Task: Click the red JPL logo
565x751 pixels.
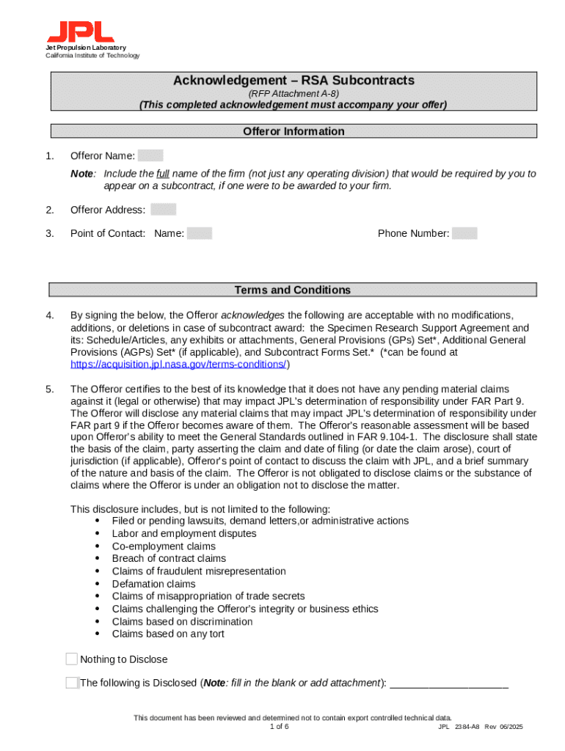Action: coord(81,32)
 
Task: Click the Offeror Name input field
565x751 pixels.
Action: coord(150,155)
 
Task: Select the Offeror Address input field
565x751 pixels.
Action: coord(163,210)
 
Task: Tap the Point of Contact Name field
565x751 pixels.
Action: coord(200,233)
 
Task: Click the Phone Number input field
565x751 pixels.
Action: coord(464,233)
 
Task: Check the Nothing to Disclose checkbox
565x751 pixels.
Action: coord(71,659)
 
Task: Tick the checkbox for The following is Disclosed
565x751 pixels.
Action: coord(71,683)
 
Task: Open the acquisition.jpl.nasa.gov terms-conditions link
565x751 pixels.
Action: coord(179,364)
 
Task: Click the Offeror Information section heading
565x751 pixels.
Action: coord(294,131)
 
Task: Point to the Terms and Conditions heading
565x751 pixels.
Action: coord(293,290)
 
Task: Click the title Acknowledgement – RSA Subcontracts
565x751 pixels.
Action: coord(294,80)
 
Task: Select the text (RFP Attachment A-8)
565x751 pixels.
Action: coord(294,93)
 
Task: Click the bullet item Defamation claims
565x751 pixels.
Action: coord(153,584)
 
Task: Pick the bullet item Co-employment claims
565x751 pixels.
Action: coord(164,546)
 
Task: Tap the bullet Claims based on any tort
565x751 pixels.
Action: coord(168,634)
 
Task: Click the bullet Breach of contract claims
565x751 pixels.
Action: coord(169,559)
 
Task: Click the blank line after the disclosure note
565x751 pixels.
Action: coord(449,684)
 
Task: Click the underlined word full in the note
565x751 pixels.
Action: coord(163,174)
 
